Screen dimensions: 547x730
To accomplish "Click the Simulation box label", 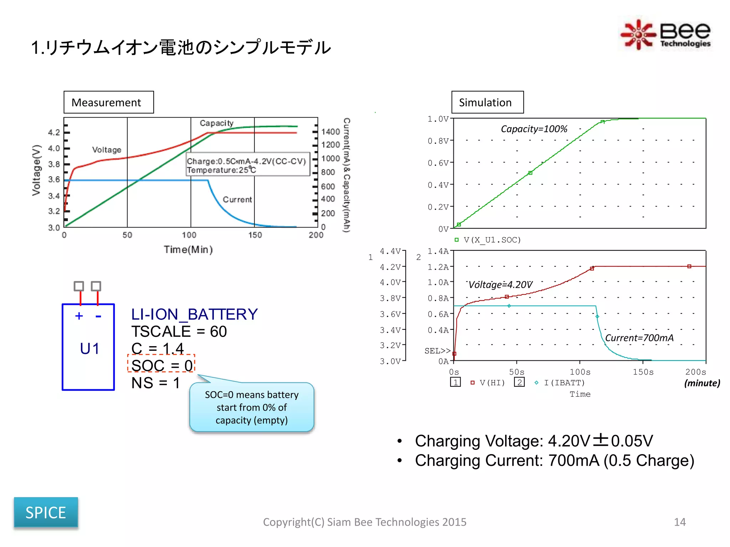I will pyautogui.click(x=487, y=103).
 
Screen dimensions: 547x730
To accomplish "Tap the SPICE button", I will pyautogui.click(x=46, y=512).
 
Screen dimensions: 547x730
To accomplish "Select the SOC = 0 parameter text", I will pyautogui.click(x=161, y=365).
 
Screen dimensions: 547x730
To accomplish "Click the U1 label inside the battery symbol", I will pyautogui.click(x=89, y=348).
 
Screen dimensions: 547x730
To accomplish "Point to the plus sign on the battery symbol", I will pyautogui.click(x=79, y=316).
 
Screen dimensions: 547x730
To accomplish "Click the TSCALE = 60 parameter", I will pyautogui.click(x=179, y=332).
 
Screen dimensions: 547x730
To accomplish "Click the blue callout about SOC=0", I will pyautogui.click(x=252, y=407).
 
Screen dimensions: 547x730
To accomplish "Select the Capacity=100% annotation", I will pyautogui.click(x=534, y=129).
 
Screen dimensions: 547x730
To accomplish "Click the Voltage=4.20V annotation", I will pyautogui.click(x=500, y=285).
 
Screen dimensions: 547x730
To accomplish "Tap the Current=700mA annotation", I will pyautogui.click(x=639, y=338).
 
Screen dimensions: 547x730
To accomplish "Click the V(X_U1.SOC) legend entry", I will pyautogui.click(x=492, y=240).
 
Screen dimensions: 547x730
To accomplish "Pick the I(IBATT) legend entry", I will pyautogui.click(x=564, y=383).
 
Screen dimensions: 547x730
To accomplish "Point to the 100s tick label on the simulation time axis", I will pyautogui.click(x=580, y=372).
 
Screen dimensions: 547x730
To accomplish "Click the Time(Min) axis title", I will pyautogui.click(x=188, y=249).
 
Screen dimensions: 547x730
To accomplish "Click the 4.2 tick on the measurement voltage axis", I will pyautogui.click(x=54, y=132).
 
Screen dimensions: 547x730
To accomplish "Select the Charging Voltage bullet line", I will pyautogui.click(x=534, y=441).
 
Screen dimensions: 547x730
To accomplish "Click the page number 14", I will pyautogui.click(x=679, y=522).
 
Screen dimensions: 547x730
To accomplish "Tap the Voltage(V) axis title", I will pyautogui.click(x=37, y=170).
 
